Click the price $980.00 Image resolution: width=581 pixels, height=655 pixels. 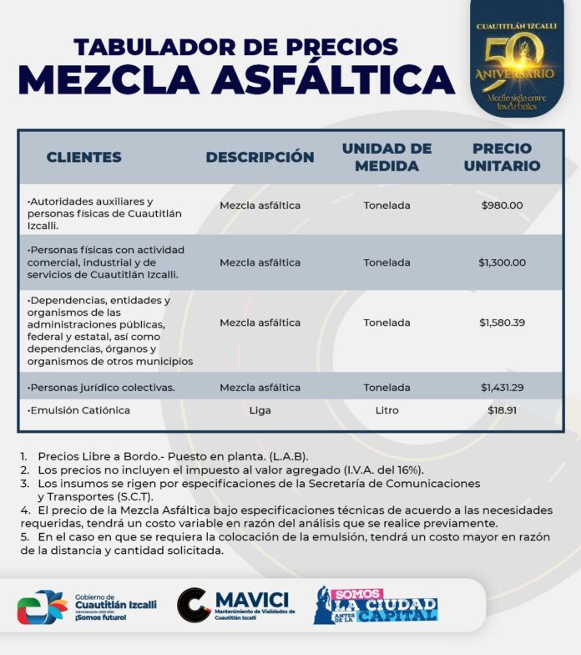click(502, 206)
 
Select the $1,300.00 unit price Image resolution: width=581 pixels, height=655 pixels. click(502, 262)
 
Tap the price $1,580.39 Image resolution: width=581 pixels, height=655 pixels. click(502, 322)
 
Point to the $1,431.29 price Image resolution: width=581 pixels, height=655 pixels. click(502, 388)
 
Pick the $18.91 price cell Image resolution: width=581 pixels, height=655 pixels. click(502, 411)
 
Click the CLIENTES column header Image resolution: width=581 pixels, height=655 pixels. click(83, 157)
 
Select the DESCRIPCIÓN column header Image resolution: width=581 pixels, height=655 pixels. click(260, 157)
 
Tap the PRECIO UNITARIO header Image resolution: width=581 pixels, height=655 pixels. click(502, 157)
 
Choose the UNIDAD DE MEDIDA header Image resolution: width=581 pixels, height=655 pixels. click(386, 157)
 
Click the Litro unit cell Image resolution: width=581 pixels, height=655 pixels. click(386, 411)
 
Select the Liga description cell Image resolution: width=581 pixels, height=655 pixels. click(260, 411)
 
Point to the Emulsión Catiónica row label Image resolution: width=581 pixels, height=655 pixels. click(79, 411)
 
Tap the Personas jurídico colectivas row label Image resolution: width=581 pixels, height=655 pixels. click(101, 388)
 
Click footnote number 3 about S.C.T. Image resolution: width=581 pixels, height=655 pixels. click(250, 490)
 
